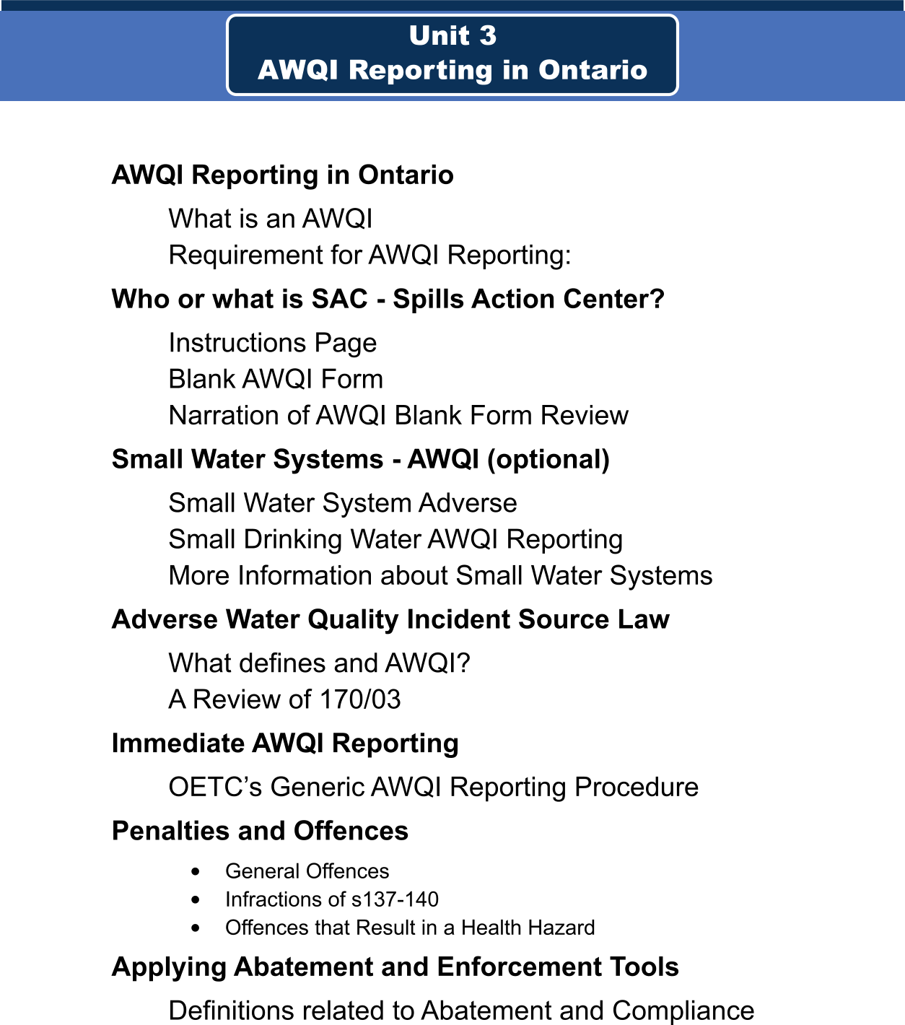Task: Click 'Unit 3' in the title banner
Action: (452, 35)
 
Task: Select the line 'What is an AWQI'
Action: (270, 219)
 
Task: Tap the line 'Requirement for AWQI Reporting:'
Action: (370, 255)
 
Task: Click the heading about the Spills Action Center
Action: (388, 299)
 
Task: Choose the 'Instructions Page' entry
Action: (272, 343)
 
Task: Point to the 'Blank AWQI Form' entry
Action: (275, 379)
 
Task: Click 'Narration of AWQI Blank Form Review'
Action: (398, 415)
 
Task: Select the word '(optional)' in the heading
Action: (548, 459)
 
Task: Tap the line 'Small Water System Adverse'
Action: (342, 503)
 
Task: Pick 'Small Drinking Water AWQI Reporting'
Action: (395, 539)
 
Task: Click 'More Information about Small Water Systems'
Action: (440, 575)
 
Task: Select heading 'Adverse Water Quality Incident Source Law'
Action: (390, 619)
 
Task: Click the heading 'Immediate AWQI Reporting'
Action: (285, 743)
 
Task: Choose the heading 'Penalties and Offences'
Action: (260, 831)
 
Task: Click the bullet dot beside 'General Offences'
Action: (196, 872)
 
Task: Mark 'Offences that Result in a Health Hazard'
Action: (410, 928)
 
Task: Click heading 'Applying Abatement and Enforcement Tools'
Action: (395, 967)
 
